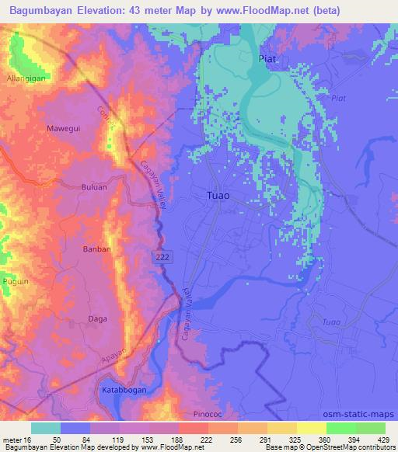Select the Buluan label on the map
pos(93,187)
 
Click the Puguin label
pos(16,280)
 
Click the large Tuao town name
pos(219,196)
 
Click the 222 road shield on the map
pos(161,256)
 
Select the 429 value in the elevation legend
pos(383,439)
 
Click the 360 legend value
pos(326,439)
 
